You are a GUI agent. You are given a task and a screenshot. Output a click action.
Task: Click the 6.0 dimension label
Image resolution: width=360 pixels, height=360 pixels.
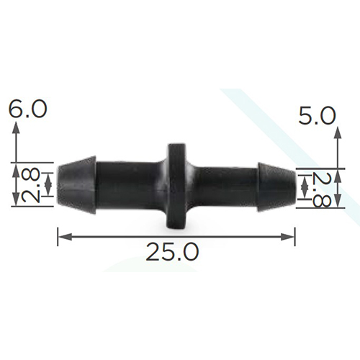28,109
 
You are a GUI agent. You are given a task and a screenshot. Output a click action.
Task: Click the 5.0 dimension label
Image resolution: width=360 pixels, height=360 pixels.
317,116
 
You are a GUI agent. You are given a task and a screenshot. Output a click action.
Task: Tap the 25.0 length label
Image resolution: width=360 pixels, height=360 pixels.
172,252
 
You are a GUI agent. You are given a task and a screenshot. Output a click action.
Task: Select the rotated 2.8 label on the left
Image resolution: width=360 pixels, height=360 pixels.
30,184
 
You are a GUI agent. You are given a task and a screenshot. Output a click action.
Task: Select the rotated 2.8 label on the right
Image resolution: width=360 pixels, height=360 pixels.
321,189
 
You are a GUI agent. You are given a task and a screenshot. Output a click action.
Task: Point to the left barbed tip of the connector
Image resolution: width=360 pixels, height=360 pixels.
77,185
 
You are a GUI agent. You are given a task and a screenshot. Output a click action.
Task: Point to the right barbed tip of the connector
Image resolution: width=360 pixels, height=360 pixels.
276,187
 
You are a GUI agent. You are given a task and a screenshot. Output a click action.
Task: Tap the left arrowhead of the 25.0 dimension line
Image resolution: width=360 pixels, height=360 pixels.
65,237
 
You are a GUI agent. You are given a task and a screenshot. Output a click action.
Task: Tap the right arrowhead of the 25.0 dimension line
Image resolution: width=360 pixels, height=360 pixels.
287,237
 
